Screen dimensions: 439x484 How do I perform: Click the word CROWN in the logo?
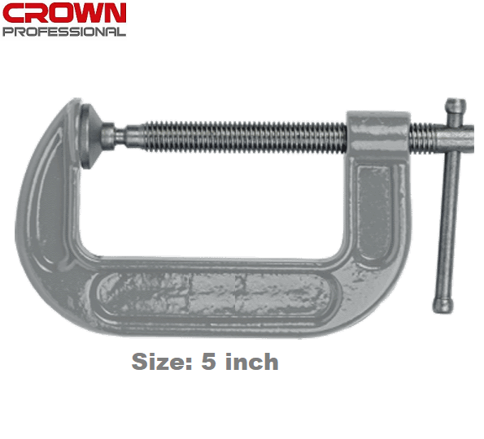64,13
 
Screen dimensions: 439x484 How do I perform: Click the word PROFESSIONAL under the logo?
64,32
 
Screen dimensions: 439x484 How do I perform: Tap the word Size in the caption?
159,362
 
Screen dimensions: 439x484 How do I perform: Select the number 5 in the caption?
208,362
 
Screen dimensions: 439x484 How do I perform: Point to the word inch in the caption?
251,362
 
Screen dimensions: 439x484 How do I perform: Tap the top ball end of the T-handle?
456,106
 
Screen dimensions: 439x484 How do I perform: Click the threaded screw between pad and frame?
236,135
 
